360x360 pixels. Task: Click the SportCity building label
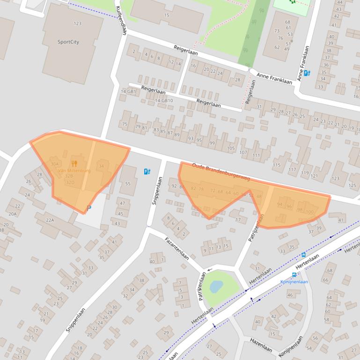coord(68,42)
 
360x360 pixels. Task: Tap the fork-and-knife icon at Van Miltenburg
coord(74,164)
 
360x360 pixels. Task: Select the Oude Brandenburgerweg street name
coord(221,172)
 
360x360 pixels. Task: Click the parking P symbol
coord(89,208)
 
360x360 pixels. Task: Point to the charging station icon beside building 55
coord(147,172)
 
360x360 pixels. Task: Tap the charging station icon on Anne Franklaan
coord(307,73)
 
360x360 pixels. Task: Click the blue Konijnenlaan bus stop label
coord(294,281)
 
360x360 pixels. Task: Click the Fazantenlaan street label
coord(176,248)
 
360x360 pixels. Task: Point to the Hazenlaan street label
coord(261,345)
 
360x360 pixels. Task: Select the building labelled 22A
coord(50,220)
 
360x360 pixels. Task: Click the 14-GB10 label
coord(163,101)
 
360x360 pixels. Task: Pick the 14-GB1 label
coord(128,92)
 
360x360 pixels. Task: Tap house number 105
coord(230,148)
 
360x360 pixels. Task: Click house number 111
coord(256,155)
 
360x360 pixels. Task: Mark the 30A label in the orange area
coord(55,164)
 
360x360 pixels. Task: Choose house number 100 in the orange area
coord(309,212)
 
